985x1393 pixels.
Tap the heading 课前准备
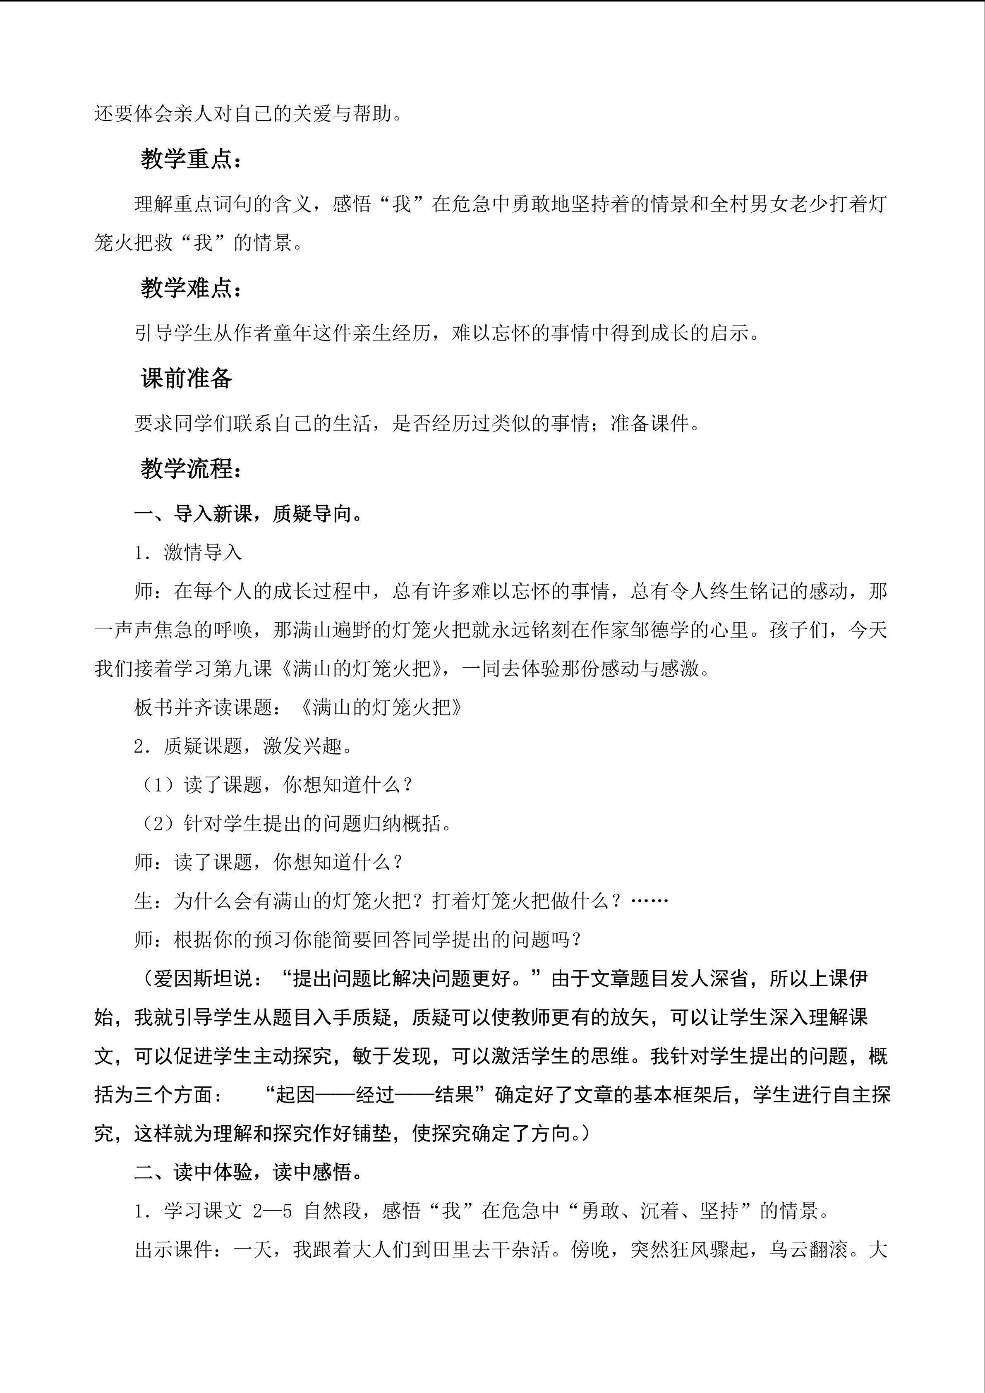(186, 379)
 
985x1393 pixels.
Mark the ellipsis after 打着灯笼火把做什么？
(649, 901)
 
